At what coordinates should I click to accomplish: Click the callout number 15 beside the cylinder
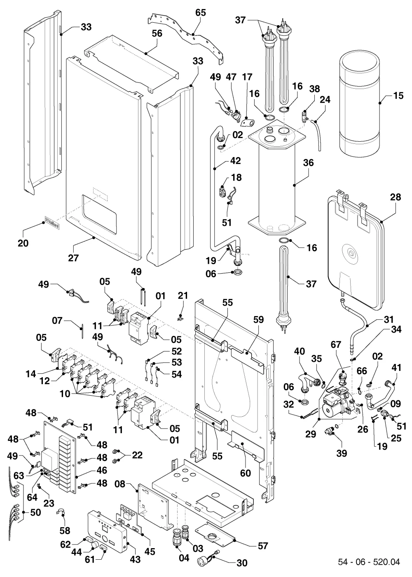point(398,96)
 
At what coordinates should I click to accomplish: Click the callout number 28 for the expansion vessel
point(396,197)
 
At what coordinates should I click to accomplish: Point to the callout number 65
point(201,13)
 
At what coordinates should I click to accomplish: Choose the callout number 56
point(157,33)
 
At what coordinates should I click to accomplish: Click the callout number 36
point(308,162)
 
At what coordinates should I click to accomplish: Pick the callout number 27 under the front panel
point(73,258)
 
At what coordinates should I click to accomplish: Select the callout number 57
point(263,546)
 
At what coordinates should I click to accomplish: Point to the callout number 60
point(246,473)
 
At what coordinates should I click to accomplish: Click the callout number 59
point(258,320)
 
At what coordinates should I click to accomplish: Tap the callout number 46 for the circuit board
point(102,470)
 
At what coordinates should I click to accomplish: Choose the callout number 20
point(23,243)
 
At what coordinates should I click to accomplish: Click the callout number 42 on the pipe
point(235,160)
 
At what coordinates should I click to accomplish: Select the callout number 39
point(342,453)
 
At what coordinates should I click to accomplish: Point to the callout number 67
point(336,345)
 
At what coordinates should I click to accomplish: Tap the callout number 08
point(120,484)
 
